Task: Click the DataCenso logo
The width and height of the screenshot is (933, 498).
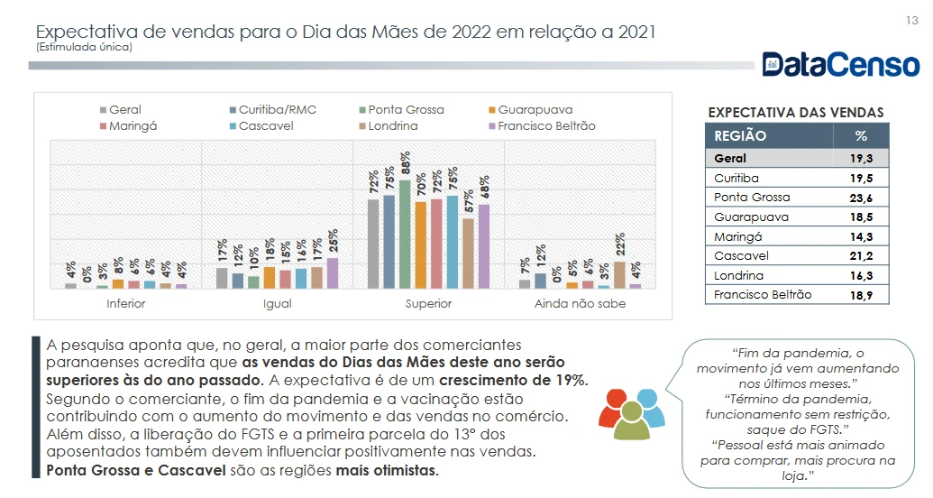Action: [840, 64]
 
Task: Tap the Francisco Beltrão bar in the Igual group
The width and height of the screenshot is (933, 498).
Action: [332, 272]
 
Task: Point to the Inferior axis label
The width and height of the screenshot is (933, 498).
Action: [125, 304]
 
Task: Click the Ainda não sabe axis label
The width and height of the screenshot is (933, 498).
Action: [580, 304]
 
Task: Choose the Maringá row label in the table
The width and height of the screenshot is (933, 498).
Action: [737, 236]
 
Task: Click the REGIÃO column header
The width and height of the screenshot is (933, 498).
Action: [740, 136]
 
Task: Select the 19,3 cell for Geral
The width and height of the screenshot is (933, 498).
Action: [860, 159]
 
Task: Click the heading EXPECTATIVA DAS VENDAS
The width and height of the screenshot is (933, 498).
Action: [796, 113]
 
